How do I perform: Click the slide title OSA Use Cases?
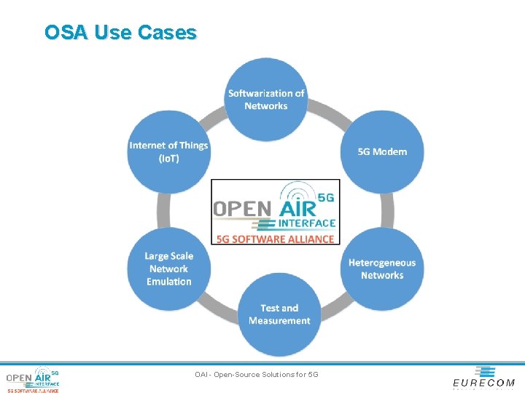(120, 33)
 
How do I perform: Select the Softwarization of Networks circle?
(266, 100)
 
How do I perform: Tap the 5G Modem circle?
(382, 152)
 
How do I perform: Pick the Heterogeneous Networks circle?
(382, 269)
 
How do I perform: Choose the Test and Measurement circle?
(279, 314)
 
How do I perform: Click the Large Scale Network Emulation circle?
(168, 269)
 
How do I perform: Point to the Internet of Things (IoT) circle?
(168, 152)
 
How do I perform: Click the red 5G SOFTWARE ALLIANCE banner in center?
(276, 239)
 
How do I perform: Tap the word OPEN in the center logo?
(241, 208)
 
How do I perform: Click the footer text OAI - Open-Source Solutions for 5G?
(257, 375)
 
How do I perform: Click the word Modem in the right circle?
(391, 152)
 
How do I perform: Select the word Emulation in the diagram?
(169, 282)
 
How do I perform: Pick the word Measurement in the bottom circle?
(279, 321)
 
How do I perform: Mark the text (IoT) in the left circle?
(168, 159)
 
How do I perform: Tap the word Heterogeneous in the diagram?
(382, 263)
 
